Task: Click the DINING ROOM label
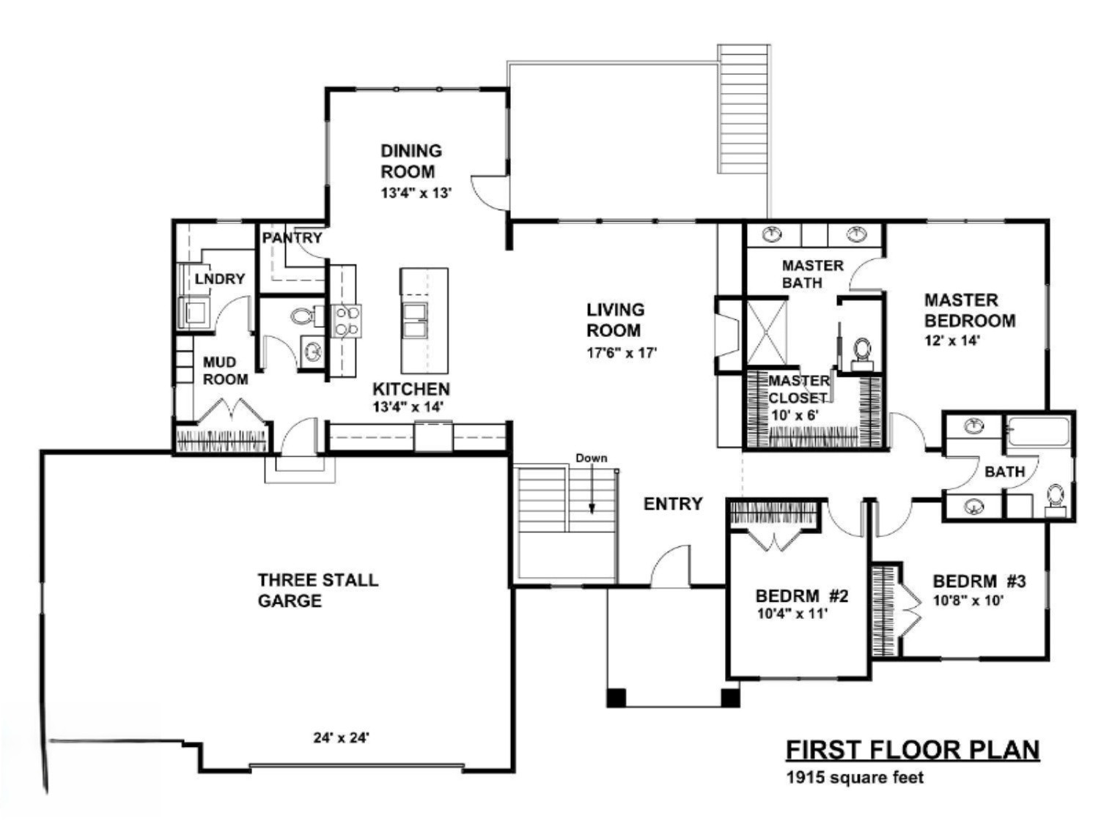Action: click(x=410, y=161)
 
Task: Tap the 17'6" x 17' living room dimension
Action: click(x=621, y=352)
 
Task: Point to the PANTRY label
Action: click(x=292, y=238)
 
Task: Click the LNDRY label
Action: click(x=219, y=279)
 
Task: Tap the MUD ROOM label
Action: click(x=225, y=371)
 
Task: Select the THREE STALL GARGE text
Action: click(x=317, y=590)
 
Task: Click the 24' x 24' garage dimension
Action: click(x=341, y=738)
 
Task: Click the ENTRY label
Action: click(x=673, y=504)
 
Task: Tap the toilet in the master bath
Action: click(x=862, y=352)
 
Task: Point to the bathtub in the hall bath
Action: click(x=1038, y=432)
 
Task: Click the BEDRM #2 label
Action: click(x=801, y=596)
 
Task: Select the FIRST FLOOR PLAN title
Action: click(x=912, y=750)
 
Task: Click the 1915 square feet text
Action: click(x=855, y=778)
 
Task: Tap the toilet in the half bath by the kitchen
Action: click(x=302, y=317)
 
